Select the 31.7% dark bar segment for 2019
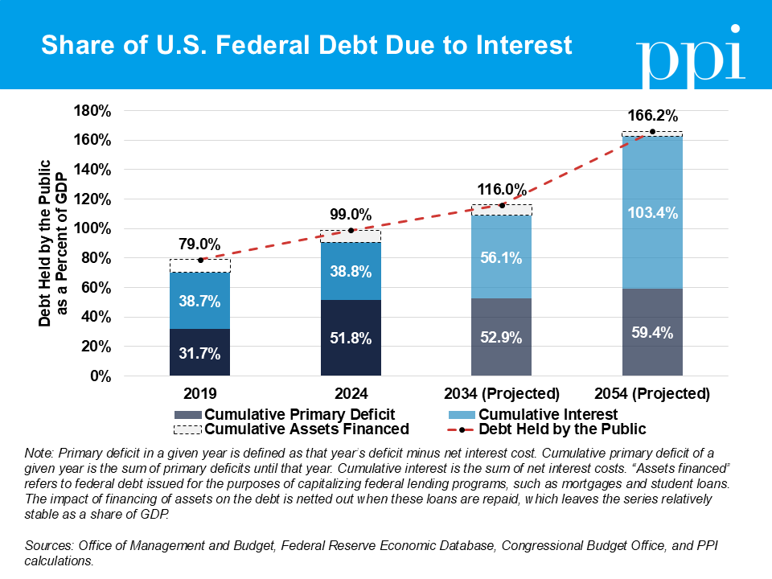tap(200, 352)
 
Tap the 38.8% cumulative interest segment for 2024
tap(351, 271)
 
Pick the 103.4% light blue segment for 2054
tap(652, 213)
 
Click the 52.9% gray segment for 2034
tap(502, 336)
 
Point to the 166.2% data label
tap(652, 115)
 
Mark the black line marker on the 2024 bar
tap(351, 230)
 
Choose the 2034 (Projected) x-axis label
tap(502, 394)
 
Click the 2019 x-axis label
tap(200, 394)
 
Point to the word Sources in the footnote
tap(47, 545)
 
